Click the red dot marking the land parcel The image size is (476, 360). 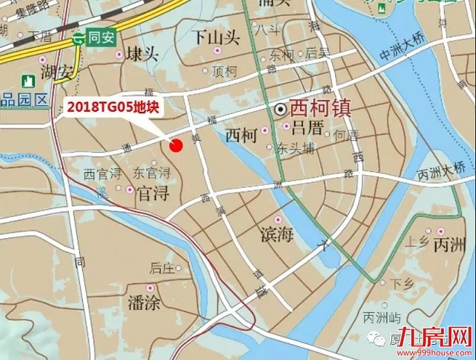(177, 145)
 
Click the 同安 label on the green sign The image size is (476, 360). (101, 36)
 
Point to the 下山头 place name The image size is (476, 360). (216, 36)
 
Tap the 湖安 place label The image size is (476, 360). (58, 72)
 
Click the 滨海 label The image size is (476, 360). (276, 234)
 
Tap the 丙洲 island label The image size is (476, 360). (449, 247)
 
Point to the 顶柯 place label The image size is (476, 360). (225, 72)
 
